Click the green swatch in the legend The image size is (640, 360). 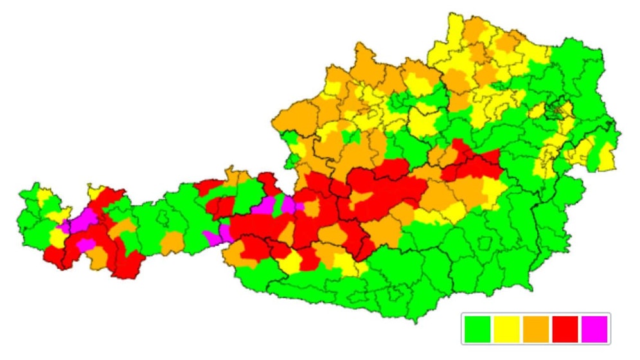477,329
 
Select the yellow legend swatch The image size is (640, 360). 506,329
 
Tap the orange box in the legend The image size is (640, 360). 536,329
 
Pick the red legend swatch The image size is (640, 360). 565,329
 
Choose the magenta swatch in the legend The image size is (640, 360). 594,329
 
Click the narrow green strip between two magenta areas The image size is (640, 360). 278,206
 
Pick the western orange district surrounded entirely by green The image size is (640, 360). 172,243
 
